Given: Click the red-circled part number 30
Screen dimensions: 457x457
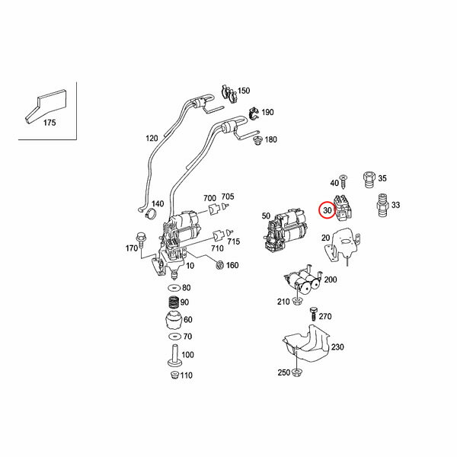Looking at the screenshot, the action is pos(328,210).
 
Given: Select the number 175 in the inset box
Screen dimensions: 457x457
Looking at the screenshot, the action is pos(50,123).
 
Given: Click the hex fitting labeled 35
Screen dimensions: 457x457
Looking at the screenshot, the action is pos(369,180).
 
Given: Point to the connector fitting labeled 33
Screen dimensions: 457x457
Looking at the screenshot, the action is pos(382,205).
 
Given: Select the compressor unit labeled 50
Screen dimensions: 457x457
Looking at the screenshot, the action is pos(286,230).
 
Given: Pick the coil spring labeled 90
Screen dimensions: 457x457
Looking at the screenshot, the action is pos(174,302).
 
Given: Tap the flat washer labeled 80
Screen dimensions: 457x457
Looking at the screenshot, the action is pos(174,288).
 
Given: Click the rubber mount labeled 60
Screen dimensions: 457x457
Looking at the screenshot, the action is pos(174,320).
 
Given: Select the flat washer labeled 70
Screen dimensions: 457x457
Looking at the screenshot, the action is pos(174,337).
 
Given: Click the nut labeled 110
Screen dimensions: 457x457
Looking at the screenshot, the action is pos(175,376).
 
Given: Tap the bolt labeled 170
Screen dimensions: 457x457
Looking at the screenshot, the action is pos(141,239).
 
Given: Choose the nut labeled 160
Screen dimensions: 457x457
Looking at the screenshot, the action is pos(219,265).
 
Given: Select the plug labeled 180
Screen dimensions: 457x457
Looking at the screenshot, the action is pos(257,141).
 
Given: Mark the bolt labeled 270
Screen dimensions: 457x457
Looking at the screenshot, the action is pos(314,314).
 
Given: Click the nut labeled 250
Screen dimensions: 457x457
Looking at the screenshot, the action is pos(296,372).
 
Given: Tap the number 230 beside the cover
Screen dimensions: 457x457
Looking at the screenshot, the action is pos(337,347).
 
